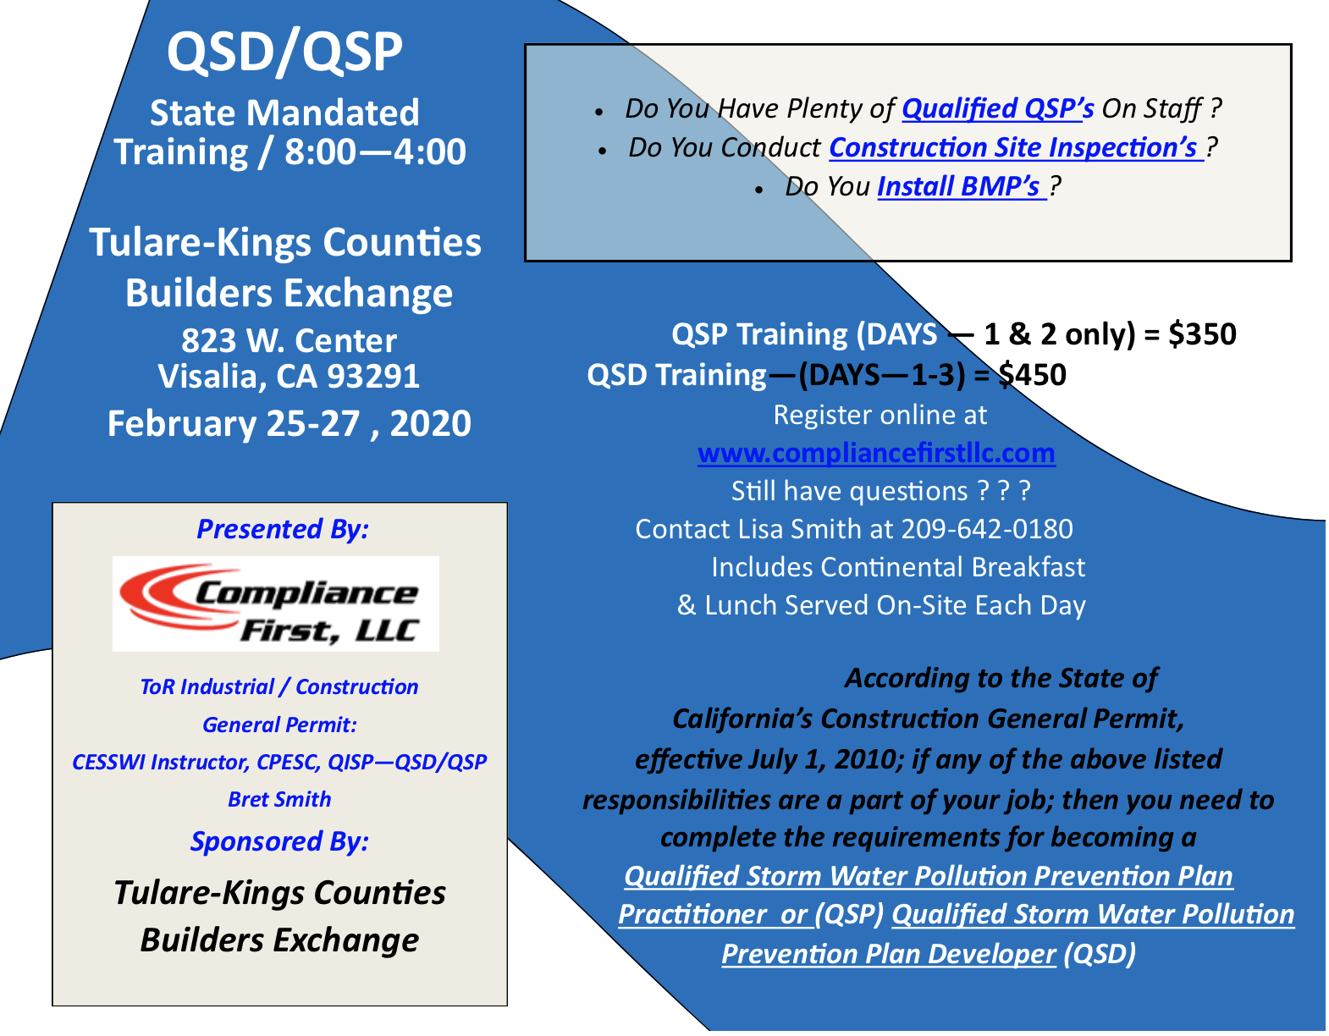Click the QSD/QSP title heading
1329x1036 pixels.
click(284, 53)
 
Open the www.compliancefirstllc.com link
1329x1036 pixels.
click(876, 453)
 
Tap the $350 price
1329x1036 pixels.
click(1202, 334)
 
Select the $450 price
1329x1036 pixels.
click(1033, 374)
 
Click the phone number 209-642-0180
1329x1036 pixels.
click(986, 529)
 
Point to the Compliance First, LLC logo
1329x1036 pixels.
click(276, 603)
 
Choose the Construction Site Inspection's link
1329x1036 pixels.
click(1016, 147)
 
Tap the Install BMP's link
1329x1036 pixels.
click(962, 186)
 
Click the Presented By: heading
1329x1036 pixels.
click(283, 529)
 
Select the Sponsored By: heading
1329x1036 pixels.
click(279, 841)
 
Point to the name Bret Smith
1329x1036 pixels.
click(279, 799)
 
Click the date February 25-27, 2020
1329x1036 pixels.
click(290, 423)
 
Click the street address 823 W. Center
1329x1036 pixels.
click(289, 340)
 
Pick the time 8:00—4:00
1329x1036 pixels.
click(375, 152)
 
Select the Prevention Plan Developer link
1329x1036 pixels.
click(889, 954)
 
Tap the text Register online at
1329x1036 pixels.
click(880, 415)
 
